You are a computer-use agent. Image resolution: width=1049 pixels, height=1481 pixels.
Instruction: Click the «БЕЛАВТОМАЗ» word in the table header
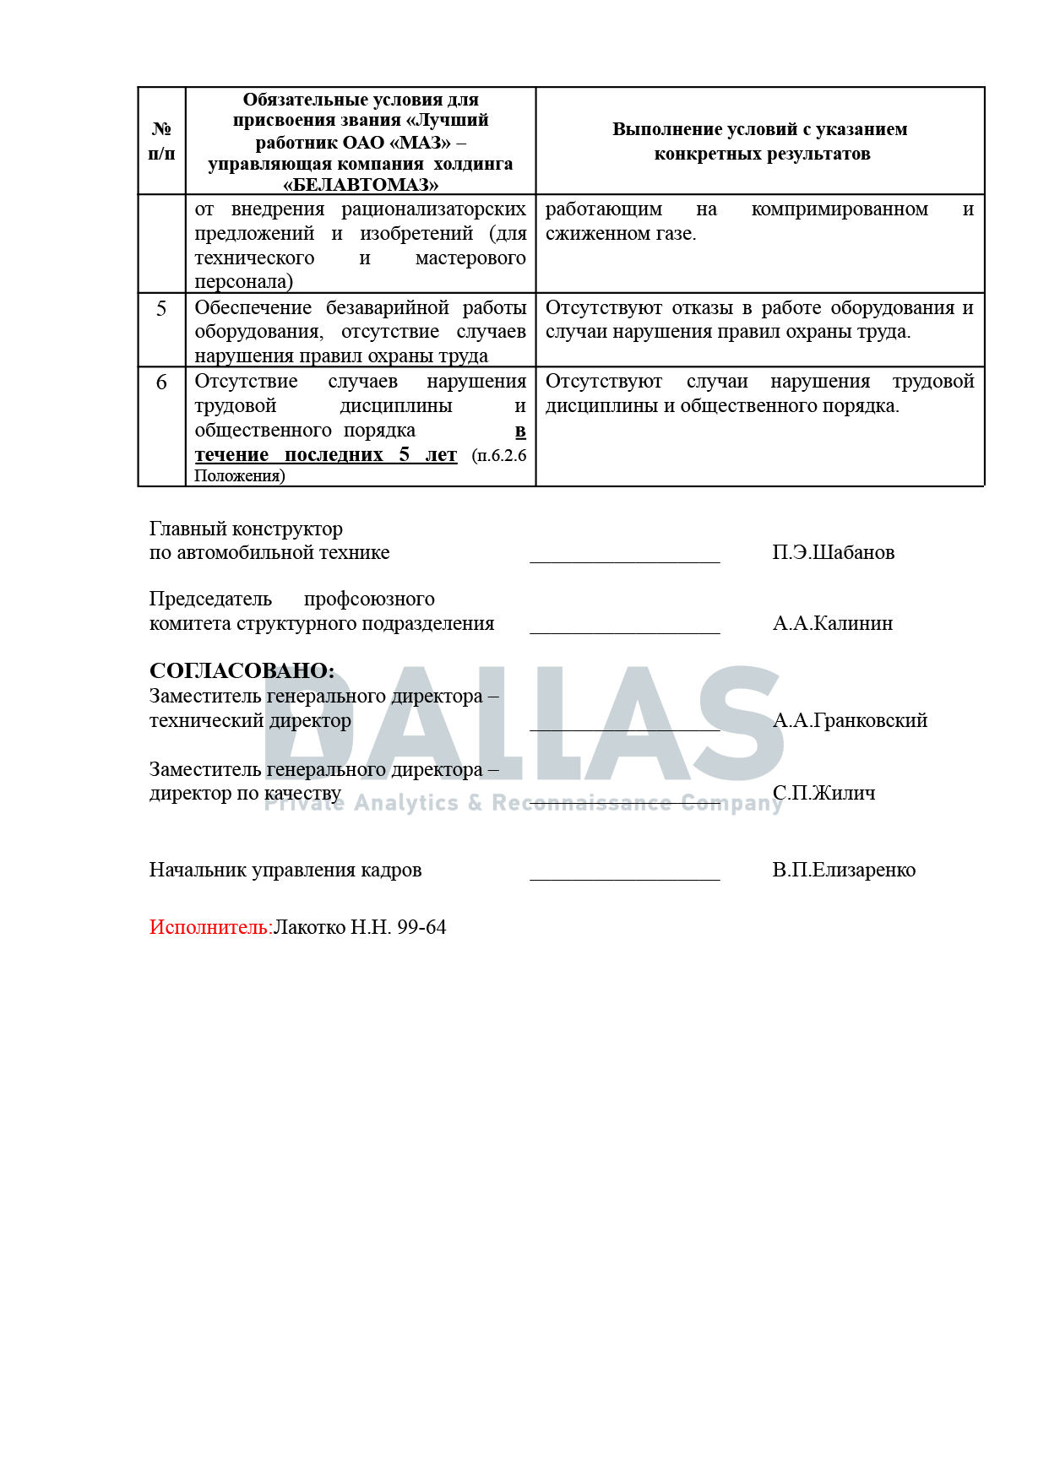361,185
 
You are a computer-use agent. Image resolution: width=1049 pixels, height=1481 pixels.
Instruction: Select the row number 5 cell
161,309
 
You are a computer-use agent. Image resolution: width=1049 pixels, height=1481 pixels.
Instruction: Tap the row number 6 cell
161,382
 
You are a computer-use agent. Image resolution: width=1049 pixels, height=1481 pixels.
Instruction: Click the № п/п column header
161,141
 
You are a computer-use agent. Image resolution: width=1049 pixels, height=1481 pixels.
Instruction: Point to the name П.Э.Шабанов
833,553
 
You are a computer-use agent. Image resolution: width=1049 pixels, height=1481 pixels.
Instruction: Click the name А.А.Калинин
832,624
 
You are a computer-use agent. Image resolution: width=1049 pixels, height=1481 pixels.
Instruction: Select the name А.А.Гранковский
850,721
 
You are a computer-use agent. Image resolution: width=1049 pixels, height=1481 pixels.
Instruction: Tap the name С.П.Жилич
823,794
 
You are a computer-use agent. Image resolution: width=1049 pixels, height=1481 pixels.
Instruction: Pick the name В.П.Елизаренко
843,871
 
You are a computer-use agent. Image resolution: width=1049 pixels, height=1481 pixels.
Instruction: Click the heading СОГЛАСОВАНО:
242,671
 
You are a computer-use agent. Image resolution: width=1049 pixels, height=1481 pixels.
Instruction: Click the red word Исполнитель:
210,928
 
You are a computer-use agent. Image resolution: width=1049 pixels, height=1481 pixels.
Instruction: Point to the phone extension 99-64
421,928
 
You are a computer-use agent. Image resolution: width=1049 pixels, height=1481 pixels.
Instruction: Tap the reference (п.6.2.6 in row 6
499,456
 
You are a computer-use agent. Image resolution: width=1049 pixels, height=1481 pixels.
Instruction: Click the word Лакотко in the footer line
309,928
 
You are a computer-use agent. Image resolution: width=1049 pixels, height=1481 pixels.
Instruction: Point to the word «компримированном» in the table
840,209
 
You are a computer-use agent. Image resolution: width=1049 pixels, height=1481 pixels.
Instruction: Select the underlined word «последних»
334,455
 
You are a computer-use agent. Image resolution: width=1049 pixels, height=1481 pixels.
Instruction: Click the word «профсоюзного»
369,599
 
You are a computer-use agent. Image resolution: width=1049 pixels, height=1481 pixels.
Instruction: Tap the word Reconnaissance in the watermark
581,803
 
